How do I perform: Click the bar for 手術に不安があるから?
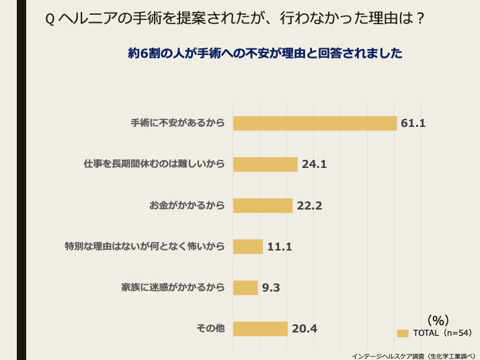click(315, 123)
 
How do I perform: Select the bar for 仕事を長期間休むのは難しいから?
click(265, 164)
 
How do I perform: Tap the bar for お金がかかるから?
click(263, 206)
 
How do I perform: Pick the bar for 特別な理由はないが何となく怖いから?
click(248, 246)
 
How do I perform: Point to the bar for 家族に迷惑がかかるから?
click(245, 287)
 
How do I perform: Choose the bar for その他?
click(260, 328)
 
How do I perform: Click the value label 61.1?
click(413, 123)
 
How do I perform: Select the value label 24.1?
click(314, 164)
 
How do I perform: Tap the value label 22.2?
click(309, 206)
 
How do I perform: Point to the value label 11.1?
click(280, 246)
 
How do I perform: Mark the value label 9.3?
click(271, 287)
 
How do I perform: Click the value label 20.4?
click(304, 328)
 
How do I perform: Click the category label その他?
click(210, 328)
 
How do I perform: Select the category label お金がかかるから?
click(186, 206)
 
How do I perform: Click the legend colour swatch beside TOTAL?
click(403, 333)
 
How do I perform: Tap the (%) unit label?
click(438, 320)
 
